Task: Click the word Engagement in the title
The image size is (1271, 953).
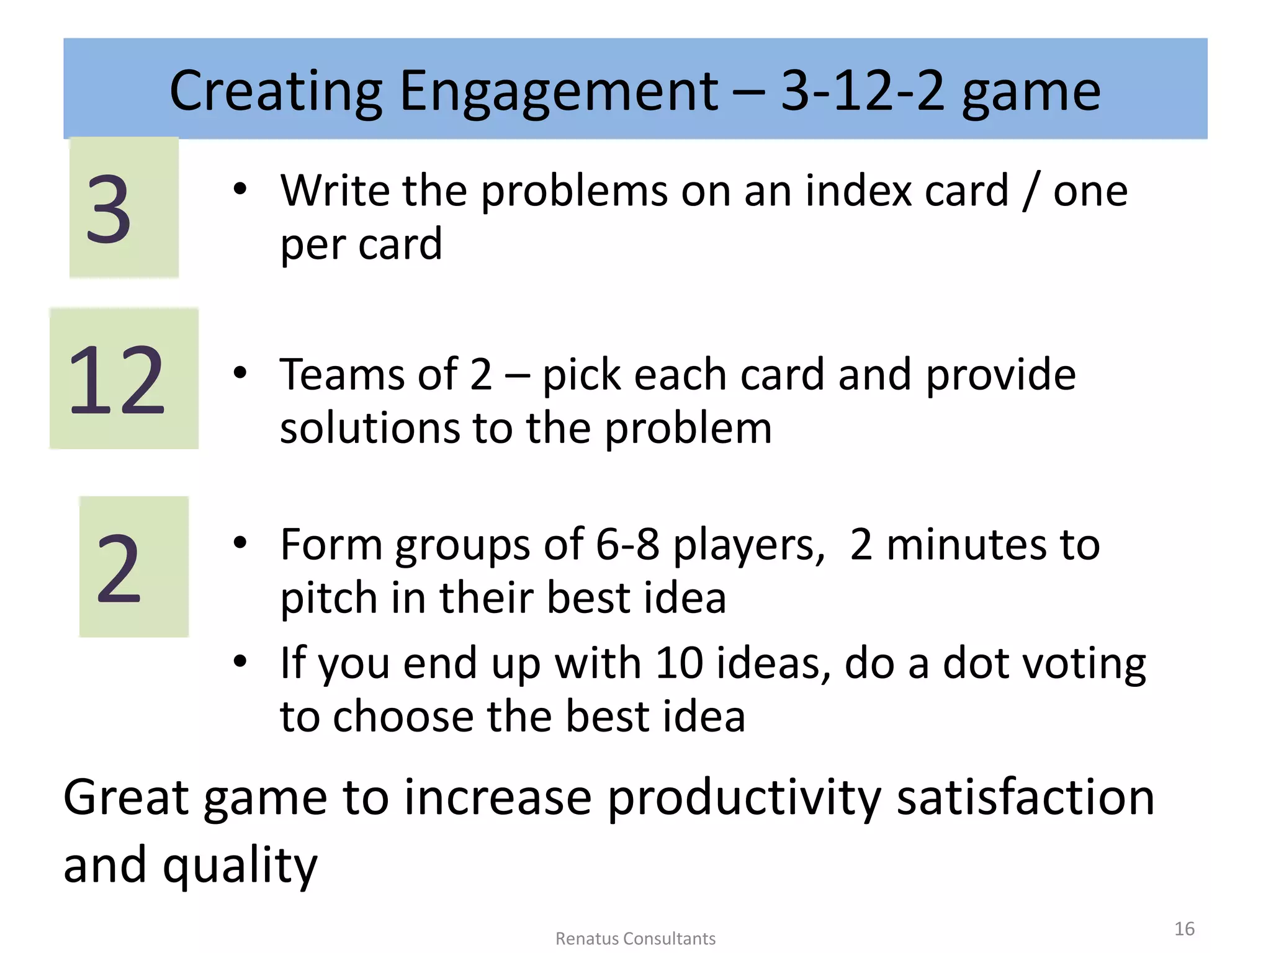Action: pos(559,92)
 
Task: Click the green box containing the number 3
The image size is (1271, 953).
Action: pos(124,207)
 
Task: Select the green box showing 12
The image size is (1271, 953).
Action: pos(124,378)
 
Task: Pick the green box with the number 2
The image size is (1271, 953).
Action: pos(133,566)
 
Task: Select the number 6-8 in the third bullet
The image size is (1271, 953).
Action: pos(627,545)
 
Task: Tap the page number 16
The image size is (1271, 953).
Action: pos(1184,929)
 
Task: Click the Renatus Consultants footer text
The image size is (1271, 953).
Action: pos(635,939)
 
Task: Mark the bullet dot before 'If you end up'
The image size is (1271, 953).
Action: pos(240,661)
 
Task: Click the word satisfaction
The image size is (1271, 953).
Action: pos(1025,797)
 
